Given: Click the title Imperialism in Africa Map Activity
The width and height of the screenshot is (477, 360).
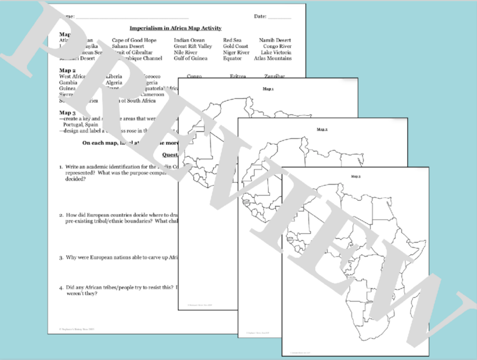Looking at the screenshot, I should pyautogui.click(x=175, y=28).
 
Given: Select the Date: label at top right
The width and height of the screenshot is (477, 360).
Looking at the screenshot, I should pyautogui.click(x=260, y=16).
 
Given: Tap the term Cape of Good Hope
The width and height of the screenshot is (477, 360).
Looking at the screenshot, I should pyautogui.click(x=134, y=40).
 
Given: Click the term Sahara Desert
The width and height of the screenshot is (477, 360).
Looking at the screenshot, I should pyautogui.click(x=128, y=46).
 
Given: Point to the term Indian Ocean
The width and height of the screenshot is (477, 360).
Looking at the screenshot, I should pyautogui.click(x=189, y=40).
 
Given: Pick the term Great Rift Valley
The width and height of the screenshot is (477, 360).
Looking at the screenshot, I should pyautogui.click(x=193, y=46).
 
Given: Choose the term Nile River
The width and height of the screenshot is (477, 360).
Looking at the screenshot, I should pyautogui.click(x=186, y=53).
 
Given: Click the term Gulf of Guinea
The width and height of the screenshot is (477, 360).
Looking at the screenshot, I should pyautogui.click(x=190, y=59).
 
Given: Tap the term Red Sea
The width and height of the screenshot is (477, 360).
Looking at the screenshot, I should pyautogui.click(x=232, y=40).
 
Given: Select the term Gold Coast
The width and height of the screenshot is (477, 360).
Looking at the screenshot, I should pyautogui.click(x=236, y=46).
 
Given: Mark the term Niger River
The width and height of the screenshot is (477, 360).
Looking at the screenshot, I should pyautogui.click(x=236, y=53).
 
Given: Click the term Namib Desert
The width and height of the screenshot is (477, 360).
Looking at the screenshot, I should pyautogui.click(x=275, y=40).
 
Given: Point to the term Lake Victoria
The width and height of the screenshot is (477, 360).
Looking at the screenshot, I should pyautogui.click(x=276, y=53).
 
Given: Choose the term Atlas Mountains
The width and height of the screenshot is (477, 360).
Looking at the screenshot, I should pyautogui.click(x=273, y=59).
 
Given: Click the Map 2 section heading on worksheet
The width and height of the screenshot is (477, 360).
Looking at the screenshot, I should pyautogui.click(x=67, y=70).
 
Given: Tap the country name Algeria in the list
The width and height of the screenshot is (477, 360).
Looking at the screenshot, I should pyautogui.click(x=114, y=83).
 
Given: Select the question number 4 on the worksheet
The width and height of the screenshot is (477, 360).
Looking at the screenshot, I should pyautogui.click(x=61, y=288).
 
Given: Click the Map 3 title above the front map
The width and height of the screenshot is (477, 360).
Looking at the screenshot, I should pyautogui.click(x=356, y=176).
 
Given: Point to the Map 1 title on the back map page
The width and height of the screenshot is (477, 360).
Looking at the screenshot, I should pyautogui.click(x=268, y=89).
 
